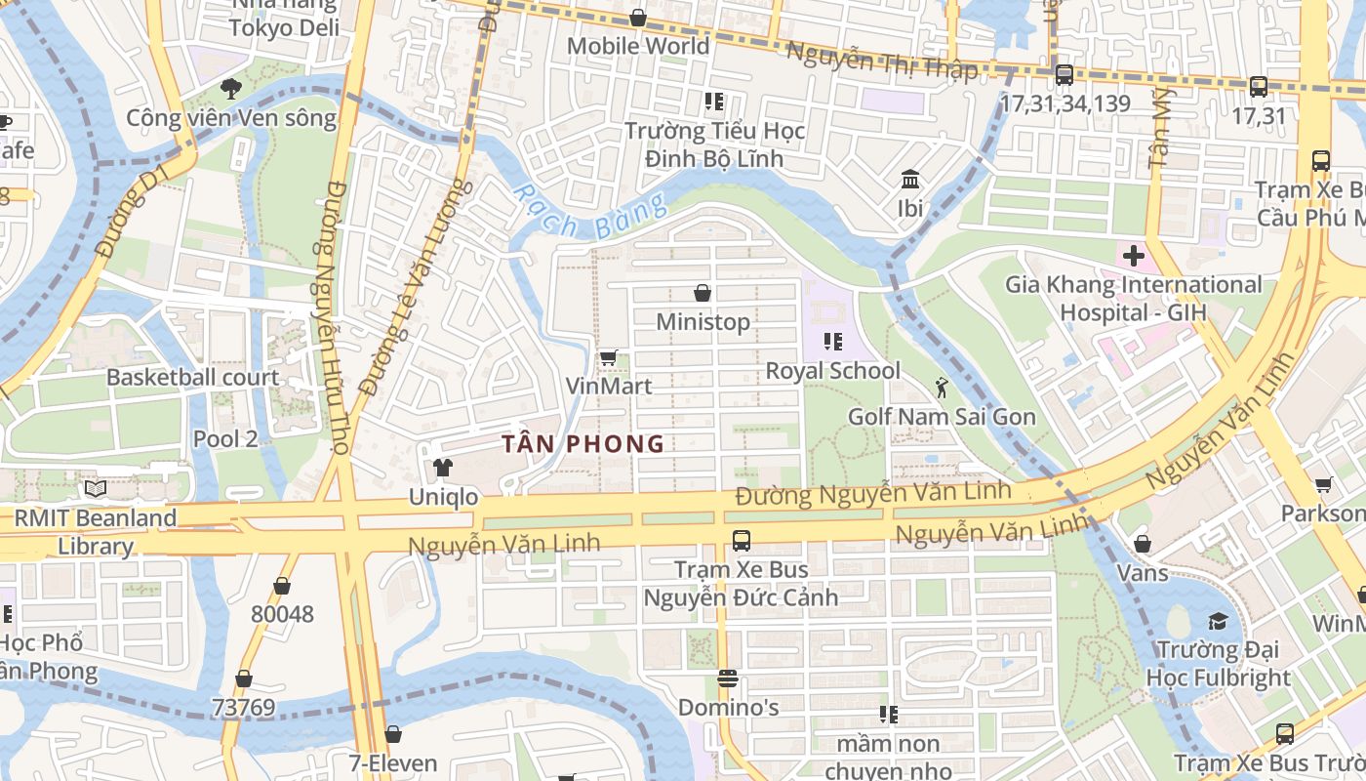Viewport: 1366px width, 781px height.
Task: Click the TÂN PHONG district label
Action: (x=583, y=444)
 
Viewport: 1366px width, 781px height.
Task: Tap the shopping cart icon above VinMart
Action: (x=608, y=358)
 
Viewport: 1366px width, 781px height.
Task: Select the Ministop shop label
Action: (x=703, y=321)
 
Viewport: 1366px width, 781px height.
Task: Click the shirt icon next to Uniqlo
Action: (x=443, y=468)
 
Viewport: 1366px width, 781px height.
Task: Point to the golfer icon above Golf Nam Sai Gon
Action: (x=941, y=388)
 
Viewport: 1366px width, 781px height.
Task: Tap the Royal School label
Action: (x=832, y=371)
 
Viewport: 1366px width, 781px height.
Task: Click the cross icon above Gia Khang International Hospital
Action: (x=1133, y=257)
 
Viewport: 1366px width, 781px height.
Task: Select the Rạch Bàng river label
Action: (x=590, y=211)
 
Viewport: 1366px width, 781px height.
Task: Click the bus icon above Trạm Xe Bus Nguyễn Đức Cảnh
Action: (x=741, y=540)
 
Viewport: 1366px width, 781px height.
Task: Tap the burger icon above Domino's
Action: (x=727, y=678)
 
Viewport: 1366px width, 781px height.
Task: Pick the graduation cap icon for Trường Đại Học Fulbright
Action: (x=1217, y=621)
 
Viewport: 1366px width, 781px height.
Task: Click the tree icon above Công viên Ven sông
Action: (x=230, y=89)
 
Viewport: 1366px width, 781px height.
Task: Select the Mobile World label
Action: (x=638, y=46)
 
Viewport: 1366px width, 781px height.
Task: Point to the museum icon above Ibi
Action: (x=910, y=180)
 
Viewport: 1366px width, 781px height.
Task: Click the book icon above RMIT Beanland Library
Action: (x=95, y=488)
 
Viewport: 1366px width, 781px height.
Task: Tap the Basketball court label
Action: (x=192, y=378)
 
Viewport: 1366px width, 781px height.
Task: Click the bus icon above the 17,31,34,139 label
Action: (x=1064, y=74)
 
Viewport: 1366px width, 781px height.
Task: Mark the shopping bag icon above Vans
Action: (x=1142, y=543)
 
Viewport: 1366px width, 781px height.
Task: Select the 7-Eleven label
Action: (x=393, y=762)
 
